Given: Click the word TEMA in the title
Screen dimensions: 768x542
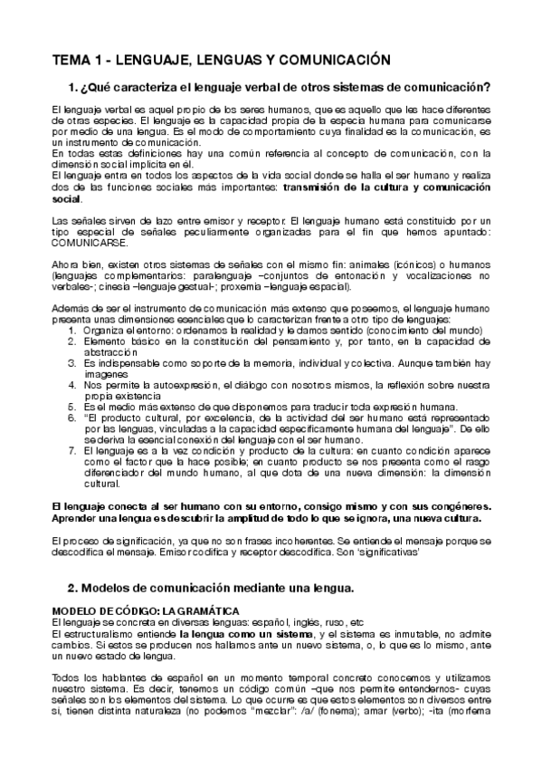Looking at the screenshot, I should point(71,60).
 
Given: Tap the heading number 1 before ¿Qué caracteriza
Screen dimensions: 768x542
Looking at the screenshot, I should point(73,88).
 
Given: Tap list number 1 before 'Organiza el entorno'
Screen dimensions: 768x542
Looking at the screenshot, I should point(71,331).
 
